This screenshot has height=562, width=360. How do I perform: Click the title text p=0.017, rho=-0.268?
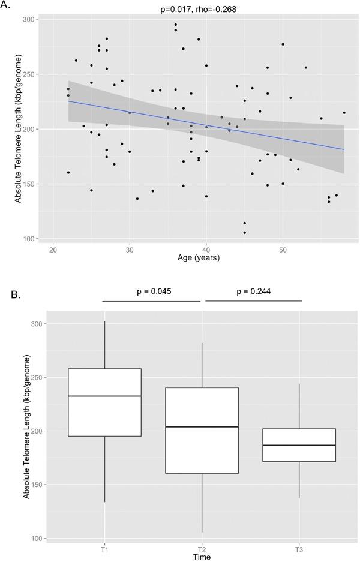206,8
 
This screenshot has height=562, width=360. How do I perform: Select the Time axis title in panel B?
202,557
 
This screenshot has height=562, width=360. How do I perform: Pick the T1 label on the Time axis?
105,549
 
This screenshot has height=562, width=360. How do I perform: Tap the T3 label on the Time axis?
299,549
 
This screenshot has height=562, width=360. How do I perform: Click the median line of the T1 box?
105,396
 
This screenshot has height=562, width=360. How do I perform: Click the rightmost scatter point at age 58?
344,112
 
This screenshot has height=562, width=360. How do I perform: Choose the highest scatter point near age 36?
175,25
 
